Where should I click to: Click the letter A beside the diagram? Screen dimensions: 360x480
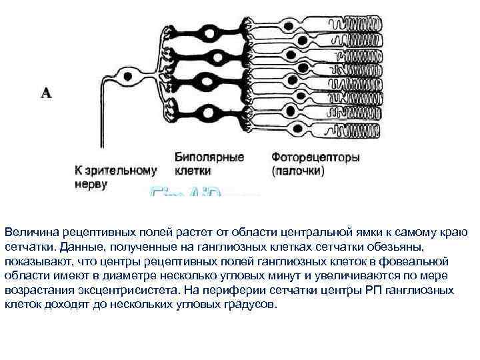[46, 93]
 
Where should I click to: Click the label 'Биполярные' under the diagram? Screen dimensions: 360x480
[209, 158]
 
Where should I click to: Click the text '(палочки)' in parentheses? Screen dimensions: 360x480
[298, 171]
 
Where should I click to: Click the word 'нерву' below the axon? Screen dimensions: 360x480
[90, 184]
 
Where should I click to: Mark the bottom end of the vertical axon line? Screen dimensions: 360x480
[102, 159]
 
